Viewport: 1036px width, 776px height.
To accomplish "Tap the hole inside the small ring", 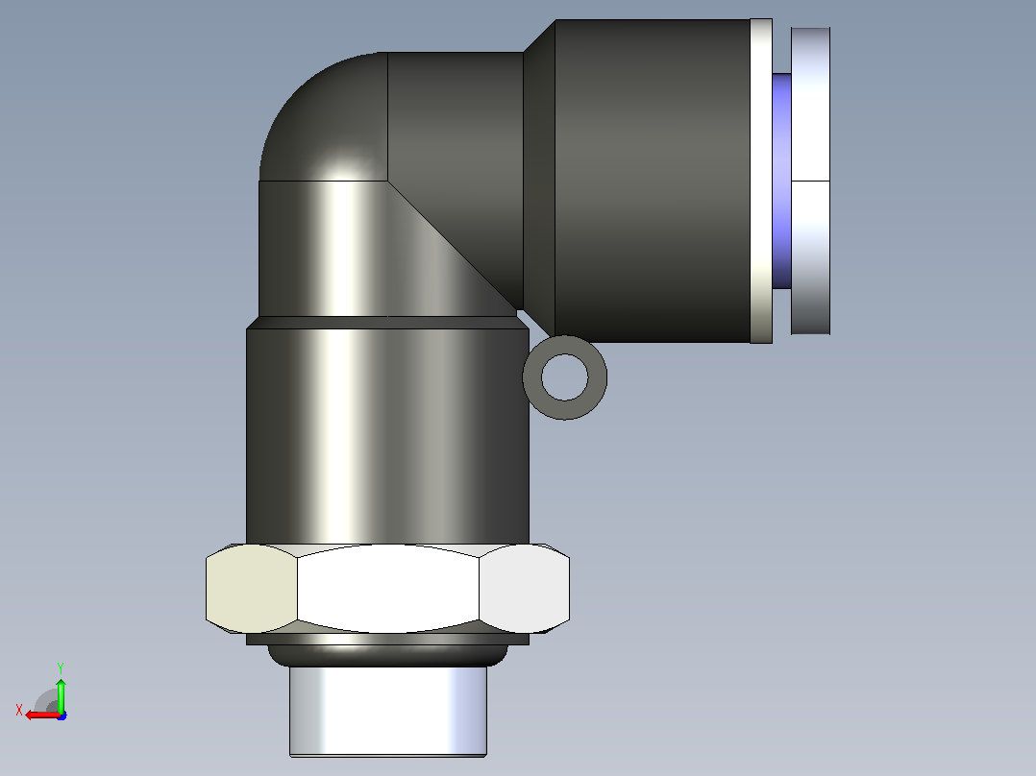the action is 565,377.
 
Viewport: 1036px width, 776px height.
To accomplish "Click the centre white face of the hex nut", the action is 388,589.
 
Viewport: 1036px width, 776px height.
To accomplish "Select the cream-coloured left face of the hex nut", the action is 252,589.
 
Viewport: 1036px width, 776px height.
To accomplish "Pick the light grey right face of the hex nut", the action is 524,589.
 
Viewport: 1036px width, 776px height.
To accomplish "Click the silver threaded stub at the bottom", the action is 388,712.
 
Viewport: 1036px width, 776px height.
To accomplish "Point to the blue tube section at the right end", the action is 781,181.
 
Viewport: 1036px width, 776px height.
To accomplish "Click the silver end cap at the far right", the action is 810,181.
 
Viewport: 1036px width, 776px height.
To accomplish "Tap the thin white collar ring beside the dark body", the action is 761,181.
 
